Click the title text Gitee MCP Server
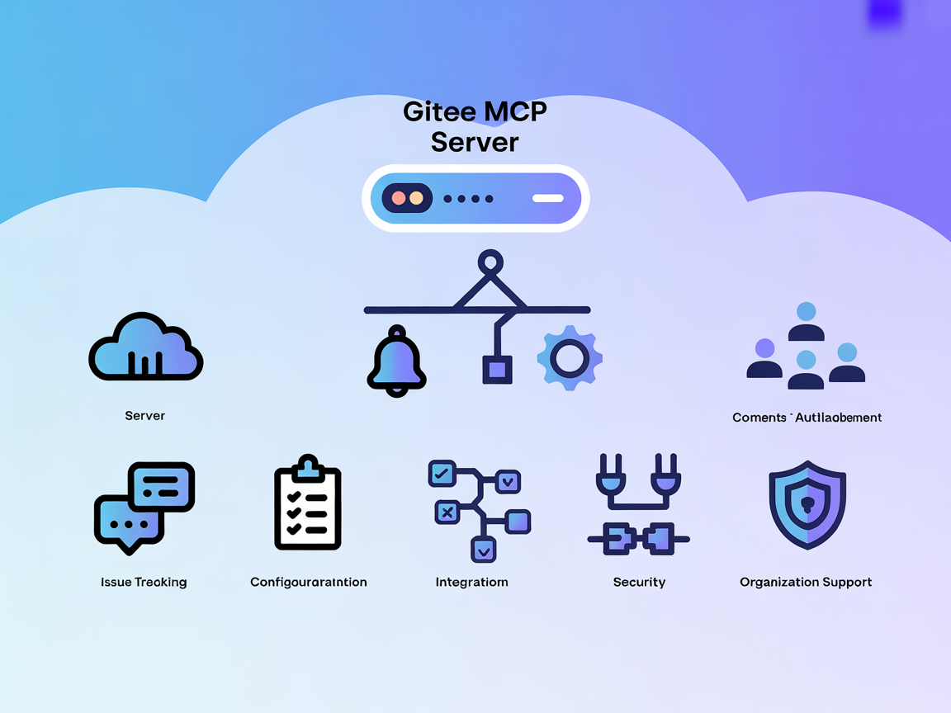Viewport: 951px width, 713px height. (475, 126)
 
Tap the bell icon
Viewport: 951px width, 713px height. (396, 361)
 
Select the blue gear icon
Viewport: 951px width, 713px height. (570, 358)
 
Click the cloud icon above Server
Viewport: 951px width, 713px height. (145, 347)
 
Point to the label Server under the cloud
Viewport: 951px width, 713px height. (145, 416)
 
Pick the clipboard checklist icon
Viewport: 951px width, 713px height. (308, 503)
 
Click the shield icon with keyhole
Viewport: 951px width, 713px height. (807, 505)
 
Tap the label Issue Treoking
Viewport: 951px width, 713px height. (144, 582)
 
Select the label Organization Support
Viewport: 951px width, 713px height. (806, 582)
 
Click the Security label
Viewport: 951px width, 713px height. (639, 582)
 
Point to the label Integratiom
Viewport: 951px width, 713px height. (471, 582)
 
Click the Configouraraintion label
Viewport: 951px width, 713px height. (308, 582)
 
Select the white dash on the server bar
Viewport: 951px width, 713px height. (547, 198)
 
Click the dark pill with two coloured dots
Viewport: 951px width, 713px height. (407, 198)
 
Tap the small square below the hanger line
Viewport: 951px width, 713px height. (497, 370)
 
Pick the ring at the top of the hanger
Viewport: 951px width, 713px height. (490, 262)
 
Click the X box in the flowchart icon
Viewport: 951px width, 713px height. (447, 512)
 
